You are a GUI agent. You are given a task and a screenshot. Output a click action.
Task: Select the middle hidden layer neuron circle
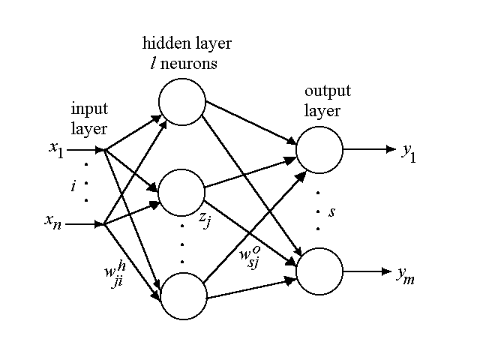tap(182, 193)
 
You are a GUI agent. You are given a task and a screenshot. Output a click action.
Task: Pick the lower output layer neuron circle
tap(319, 271)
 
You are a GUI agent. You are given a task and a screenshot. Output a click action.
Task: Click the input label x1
tap(55, 150)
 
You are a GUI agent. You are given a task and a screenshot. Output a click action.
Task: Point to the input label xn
tap(55, 223)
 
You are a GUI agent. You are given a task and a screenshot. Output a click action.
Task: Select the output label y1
tap(407, 152)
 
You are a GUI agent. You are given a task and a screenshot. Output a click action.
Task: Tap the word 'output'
tap(323, 92)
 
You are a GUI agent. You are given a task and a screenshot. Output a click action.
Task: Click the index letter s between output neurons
tap(331, 212)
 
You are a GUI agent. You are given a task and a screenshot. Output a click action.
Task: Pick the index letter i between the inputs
tap(73, 186)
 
